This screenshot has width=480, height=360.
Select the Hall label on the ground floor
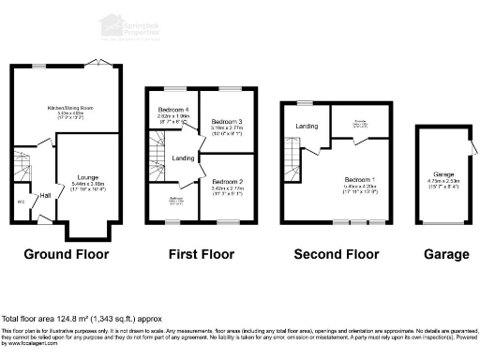pos(44,195)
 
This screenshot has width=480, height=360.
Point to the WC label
pos(21,200)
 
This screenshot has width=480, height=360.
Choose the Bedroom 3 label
pos(227,123)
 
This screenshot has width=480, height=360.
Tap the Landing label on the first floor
pos(183,157)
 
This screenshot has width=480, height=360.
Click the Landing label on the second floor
pos(307,126)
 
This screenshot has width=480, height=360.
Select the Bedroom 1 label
pos(358,179)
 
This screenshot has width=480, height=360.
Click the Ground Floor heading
pos(66,254)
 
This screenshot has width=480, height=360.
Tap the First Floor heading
pos(201,254)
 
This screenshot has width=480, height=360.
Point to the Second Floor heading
pos(337,254)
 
